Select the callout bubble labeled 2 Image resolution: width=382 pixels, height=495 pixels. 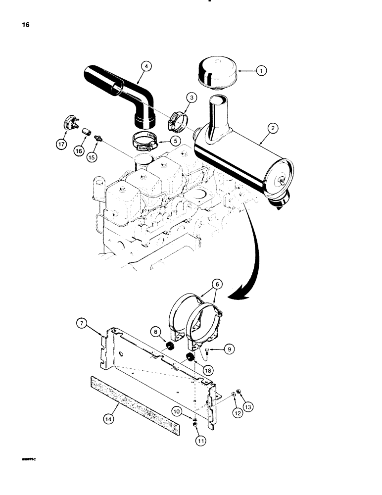pos(271,128)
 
